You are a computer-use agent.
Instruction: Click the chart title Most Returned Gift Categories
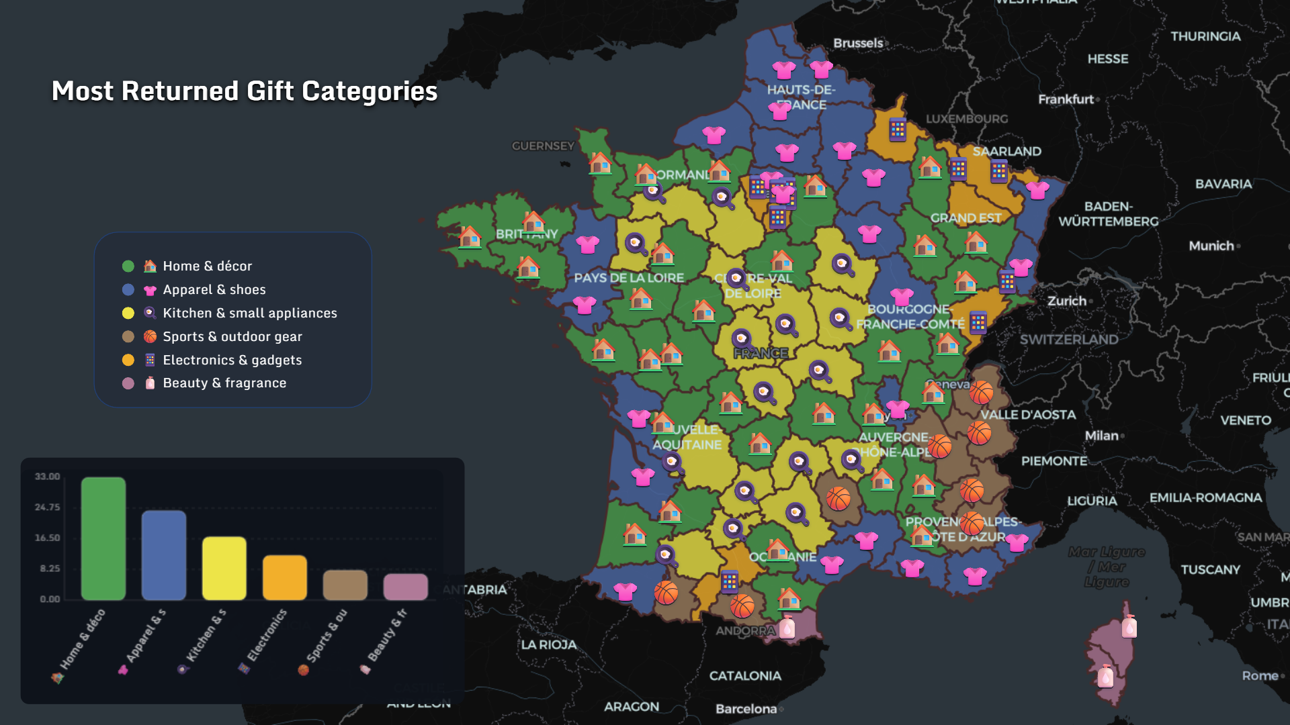pos(245,91)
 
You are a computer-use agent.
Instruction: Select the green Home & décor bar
pos(103,538)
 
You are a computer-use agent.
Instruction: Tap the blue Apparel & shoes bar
pos(164,555)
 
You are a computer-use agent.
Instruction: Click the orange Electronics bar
pos(285,577)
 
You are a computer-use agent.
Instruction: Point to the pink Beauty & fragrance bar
pos(406,587)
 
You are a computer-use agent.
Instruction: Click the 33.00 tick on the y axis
pos(48,477)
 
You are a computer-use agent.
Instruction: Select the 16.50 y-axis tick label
pos(48,538)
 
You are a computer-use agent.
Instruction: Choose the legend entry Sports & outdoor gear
pos(232,337)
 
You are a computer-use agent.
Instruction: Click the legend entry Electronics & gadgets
pos(232,360)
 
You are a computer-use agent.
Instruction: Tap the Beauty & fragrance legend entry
pos(224,383)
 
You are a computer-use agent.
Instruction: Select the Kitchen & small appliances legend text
pos(250,313)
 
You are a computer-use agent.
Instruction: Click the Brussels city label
pos(859,43)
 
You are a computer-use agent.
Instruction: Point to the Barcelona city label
pos(746,709)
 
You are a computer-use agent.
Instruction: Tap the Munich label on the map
pos(1211,246)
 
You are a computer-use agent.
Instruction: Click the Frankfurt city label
pos(1066,99)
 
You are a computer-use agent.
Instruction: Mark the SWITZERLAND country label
pos(1069,340)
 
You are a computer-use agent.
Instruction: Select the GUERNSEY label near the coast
pos(543,146)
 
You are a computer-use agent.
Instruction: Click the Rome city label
pos(1260,676)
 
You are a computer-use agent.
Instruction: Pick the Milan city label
pos(1102,436)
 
